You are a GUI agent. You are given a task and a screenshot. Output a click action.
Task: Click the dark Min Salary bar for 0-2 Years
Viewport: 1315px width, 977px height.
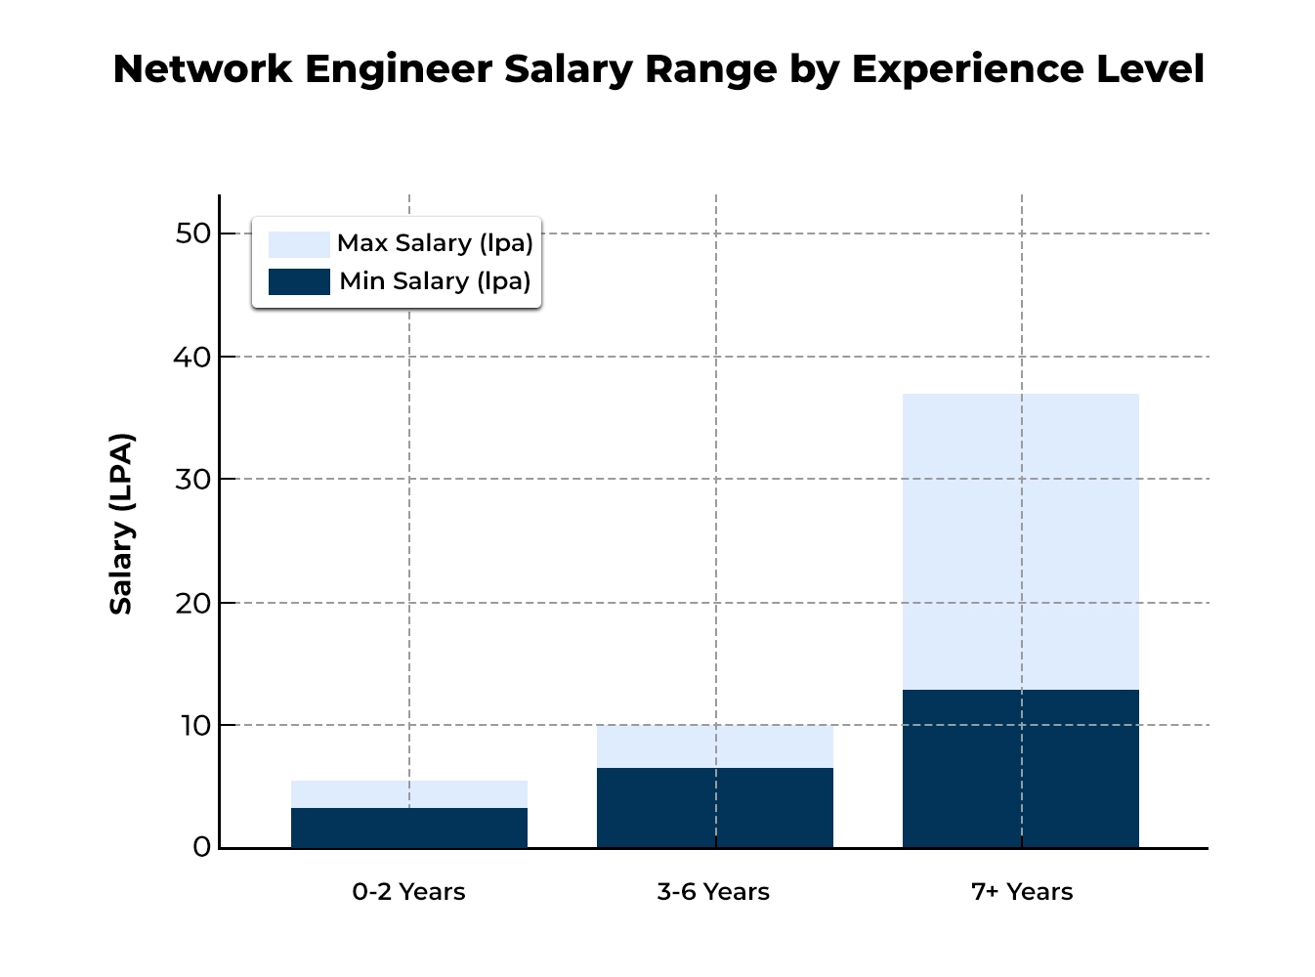click(408, 828)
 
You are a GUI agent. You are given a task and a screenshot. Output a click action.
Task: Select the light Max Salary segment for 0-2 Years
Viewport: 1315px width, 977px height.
click(408, 794)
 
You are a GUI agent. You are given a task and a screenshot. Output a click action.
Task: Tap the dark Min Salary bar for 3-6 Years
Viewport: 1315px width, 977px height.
click(714, 807)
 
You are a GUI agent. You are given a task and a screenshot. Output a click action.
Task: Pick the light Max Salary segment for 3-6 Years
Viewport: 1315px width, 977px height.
click(714, 746)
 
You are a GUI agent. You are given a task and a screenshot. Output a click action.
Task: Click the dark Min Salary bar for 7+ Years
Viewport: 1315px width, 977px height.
click(1020, 768)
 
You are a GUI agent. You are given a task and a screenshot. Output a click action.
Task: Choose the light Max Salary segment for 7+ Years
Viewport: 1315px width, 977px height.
click(1020, 541)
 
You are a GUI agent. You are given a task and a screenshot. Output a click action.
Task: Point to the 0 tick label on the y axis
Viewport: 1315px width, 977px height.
click(201, 847)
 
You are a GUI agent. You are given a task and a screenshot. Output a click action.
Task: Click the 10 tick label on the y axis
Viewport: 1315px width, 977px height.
click(193, 725)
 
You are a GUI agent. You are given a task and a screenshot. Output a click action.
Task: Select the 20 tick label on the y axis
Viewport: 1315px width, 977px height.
click(193, 603)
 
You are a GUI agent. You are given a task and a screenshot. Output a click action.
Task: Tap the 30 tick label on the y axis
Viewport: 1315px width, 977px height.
click(193, 479)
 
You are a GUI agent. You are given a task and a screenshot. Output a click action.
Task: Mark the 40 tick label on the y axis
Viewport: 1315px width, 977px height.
click(193, 357)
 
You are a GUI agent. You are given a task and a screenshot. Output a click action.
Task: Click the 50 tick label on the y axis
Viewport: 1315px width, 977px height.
click(193, 234)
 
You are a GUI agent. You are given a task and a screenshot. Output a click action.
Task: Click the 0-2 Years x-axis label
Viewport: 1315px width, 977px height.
click(408, 892)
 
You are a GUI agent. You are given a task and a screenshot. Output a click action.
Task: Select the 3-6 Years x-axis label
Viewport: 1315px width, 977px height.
click(713, 892)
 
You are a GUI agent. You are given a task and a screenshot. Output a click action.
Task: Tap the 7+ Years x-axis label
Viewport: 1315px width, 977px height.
click(1022, 892)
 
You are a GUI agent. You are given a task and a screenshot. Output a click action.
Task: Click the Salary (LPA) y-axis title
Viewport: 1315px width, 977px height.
click(121, 524)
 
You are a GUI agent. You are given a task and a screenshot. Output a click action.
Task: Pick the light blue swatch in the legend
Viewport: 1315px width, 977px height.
click(299, 244)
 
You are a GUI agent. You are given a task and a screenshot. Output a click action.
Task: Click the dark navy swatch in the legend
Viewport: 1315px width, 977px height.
click(299, 281)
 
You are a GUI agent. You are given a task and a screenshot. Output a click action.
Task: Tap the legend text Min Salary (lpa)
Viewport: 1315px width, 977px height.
click(435, 281)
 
